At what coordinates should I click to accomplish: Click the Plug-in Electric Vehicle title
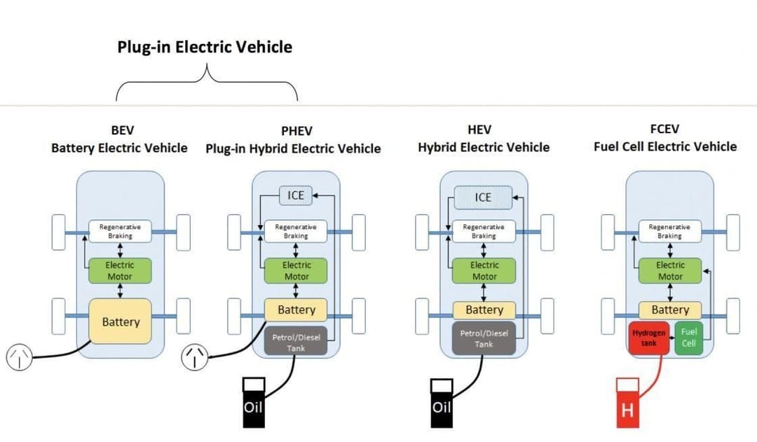pos(205,48)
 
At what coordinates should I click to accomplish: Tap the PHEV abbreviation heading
pos(296,131)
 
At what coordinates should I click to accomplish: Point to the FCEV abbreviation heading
pos(664,129)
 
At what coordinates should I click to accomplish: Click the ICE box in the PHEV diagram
pos(296,196)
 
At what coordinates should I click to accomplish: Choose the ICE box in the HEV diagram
pos(484,198)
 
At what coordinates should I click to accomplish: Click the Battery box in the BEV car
pos(121,322)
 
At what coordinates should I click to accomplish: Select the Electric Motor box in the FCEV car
pos(670,271)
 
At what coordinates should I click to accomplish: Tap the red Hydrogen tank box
pos(648,338)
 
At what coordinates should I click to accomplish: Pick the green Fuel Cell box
pos(688,338)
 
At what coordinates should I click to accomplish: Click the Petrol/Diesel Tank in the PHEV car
pos(296,342)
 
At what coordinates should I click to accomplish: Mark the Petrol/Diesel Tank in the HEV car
pos(484,339)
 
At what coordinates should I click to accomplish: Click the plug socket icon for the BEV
pos(19,357)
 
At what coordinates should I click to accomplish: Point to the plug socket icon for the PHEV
pos(194,357)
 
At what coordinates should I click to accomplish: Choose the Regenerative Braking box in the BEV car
pos(120,231)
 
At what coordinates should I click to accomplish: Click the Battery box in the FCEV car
pos(670,310)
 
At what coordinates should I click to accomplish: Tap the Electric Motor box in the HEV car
pos(484,271)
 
